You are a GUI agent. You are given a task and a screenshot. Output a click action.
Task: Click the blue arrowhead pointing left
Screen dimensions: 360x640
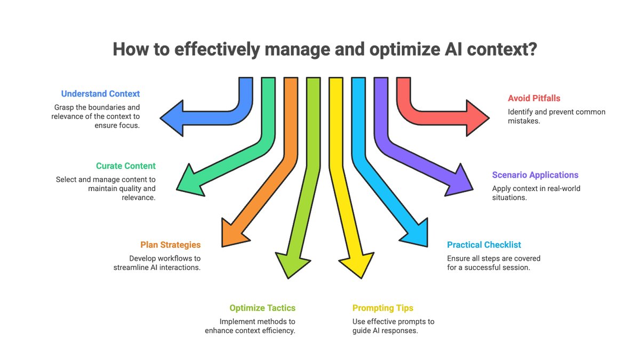coord(173,117)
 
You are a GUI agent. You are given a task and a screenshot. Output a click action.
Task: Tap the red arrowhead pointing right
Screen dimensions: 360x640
coord(476,117)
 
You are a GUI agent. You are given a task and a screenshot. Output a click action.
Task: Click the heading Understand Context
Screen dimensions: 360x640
coord(100,94)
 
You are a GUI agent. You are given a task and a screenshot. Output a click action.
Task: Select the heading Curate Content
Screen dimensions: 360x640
coord(126,166)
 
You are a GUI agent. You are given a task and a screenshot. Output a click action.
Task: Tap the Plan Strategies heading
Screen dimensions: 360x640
coord(171,245)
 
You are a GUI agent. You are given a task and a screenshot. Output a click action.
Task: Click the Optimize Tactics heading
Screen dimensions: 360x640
coord(262,308)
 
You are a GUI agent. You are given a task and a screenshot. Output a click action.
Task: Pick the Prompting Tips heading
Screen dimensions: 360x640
coord(382,308)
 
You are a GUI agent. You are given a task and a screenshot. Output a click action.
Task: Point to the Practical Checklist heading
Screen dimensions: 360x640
coord(484,245)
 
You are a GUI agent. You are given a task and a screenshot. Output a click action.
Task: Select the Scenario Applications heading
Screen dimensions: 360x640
coord(534,175)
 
